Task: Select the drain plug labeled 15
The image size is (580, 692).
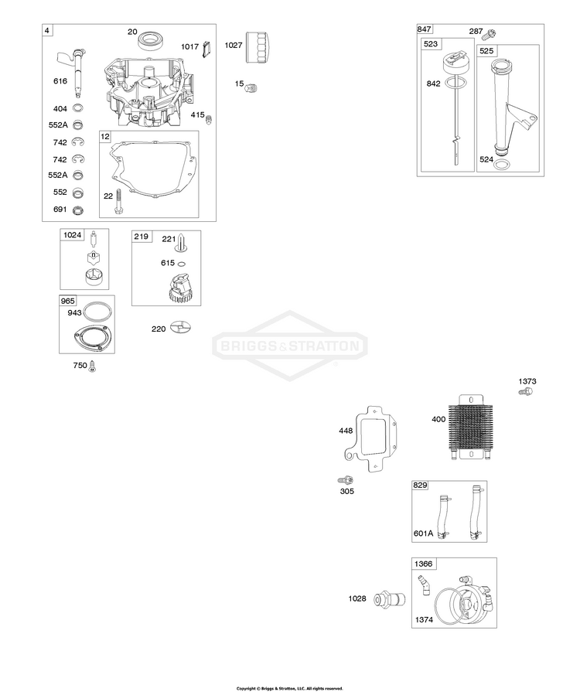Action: point(251,87)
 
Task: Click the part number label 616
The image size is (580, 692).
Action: point(60,80)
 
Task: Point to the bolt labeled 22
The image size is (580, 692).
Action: point(118,202)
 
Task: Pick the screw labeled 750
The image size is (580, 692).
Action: point(92,366)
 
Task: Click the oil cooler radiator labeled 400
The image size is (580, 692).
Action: point(470,428)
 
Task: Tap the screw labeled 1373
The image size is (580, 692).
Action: point(526,391)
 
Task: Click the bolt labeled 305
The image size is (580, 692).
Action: point(346,479)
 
